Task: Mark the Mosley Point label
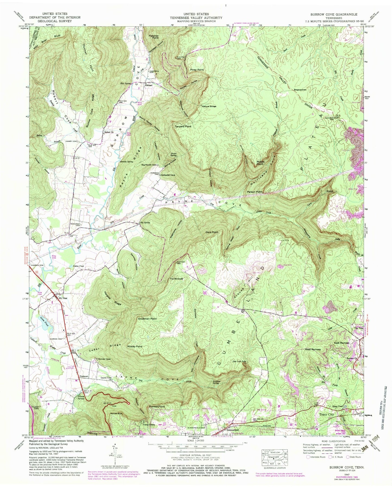tap(135, 347)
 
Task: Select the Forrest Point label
tap(157, 407)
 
